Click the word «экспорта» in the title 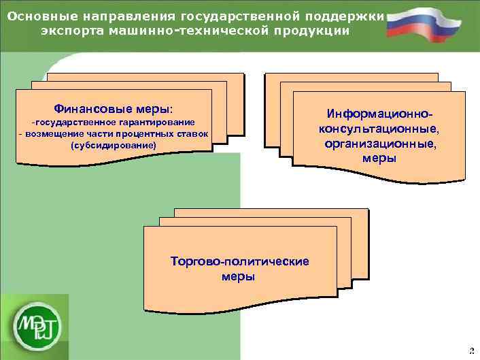coord(71,31)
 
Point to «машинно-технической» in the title coord(182,31)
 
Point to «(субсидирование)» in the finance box coord(113,145)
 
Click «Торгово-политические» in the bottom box coord(239,261)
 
